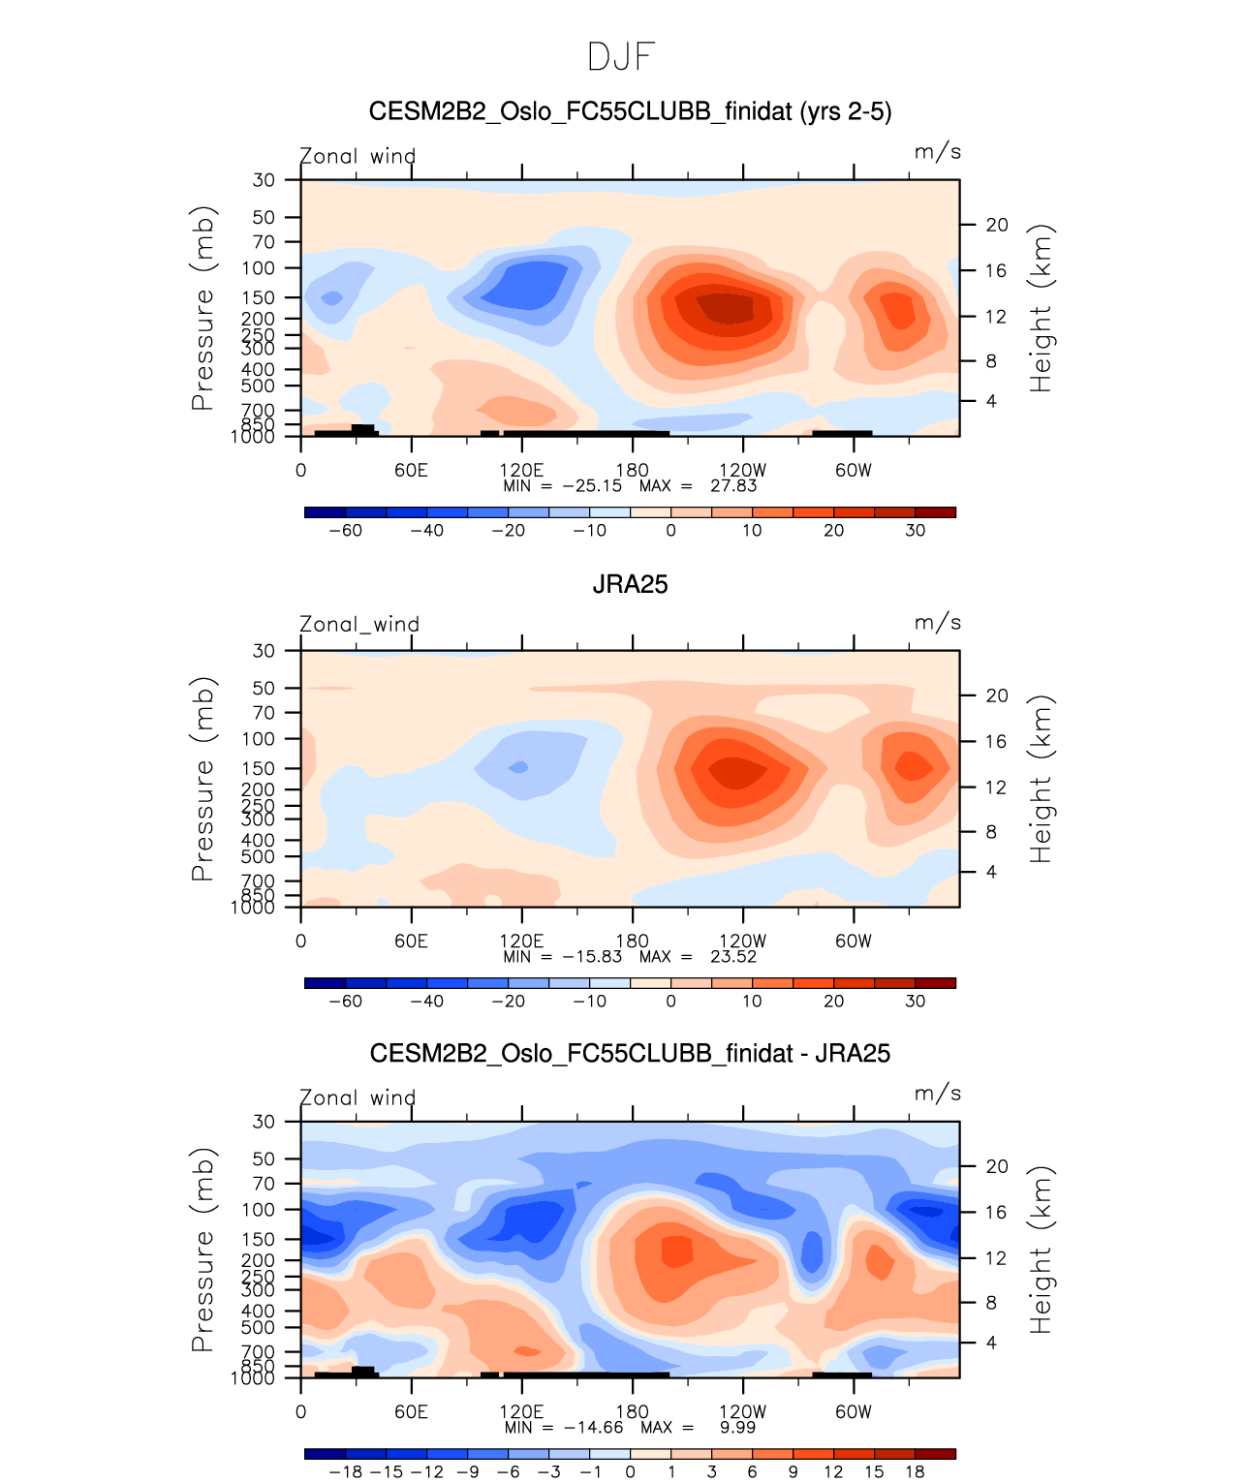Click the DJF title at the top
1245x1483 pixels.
click(x=622, y=57)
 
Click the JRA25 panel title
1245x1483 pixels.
click(x=630, y=584)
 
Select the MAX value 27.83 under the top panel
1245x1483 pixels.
click(x=733, y=486)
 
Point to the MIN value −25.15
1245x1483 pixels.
click(x=592, y=486)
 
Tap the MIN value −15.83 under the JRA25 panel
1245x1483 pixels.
click(x=592, y=957)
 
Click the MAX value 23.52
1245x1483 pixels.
click(x=733, y=957)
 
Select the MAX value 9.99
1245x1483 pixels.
click(x=737, y=1428)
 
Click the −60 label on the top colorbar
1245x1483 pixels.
click(x=345, y=531)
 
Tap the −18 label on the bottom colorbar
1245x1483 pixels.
click(x=345, y=1472)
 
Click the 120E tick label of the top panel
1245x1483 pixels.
click(x=521, y=471)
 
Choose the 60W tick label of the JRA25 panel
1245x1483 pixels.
click(x=854, y=942)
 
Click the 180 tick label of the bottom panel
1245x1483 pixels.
click(x=633, y=1412)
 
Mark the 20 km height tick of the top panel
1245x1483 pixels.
click(x=997, y=225)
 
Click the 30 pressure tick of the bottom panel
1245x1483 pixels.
click(x=264, y=1122)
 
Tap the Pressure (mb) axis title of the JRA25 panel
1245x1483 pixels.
click(x=202, y=779)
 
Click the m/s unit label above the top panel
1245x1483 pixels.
click(x=937, y=152)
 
